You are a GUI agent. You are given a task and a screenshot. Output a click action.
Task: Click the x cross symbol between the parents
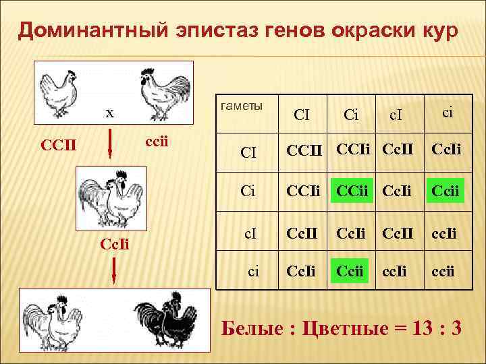pyautogui.click(x=108, y=113)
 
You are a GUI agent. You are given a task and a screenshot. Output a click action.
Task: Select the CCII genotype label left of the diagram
pyautogui.click(x=58, y=144)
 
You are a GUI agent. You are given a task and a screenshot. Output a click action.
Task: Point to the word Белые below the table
pyautogui.click(x=255, y=328)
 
